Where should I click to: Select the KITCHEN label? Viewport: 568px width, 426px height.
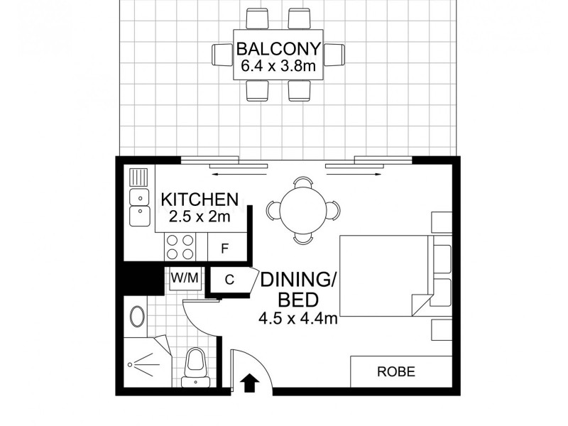(x=200, y=199)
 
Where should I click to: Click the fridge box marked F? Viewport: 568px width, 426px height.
(x=224, y=248)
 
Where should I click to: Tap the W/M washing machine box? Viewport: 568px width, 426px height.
(x=184, y=278)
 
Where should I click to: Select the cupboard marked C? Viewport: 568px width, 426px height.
(x=229, y=280)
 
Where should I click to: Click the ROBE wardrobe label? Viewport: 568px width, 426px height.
(x=395, y=371)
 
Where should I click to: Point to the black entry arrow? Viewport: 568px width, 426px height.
(x=250, y=383)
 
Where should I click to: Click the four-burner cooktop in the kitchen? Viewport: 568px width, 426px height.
(x=180, y=247)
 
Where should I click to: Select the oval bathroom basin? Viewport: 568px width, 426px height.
(x=136, y=315)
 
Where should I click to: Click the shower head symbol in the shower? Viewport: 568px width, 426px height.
(x=132, y=363)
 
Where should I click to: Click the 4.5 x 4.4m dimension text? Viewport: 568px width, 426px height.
(x=297, y=319)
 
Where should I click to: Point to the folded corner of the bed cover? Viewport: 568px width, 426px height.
(x=420, y=303)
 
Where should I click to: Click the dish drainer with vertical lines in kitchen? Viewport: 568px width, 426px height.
(x=139, y=176)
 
